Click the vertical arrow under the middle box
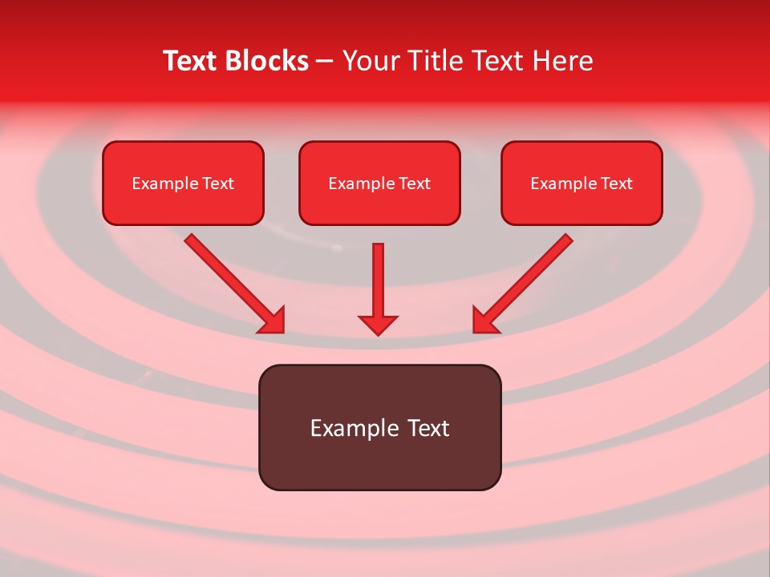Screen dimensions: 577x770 tap(378, 280)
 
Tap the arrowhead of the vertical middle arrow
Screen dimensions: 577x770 tap(378, 325)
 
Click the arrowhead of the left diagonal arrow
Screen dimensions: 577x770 tap(273, 321)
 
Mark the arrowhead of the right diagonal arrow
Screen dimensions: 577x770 tap(484, 321)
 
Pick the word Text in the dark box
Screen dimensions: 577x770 tap(428, 428)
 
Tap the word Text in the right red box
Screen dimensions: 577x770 tap(617, 184)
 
